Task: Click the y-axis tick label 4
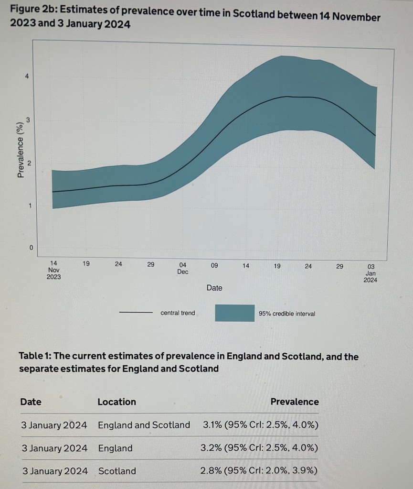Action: tap(27, 76)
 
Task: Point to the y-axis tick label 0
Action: tap(31, 248)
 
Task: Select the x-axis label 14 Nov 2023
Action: tap(53, 270)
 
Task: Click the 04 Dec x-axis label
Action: tap(182, 268)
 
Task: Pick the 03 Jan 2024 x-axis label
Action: tap(370, 273)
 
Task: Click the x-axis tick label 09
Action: tap(214, 264)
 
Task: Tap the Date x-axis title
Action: tap(214, 288)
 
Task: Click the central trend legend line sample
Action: tap(135, 313)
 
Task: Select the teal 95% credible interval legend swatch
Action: tap(234, 313)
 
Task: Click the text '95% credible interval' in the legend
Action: tap(286, 314)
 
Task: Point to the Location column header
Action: tap(116, 402)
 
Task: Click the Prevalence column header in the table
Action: tap(294, 402)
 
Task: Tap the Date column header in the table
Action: tap(31, 402)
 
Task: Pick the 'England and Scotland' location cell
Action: tap(144, 425)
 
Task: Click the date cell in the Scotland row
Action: tap(55, 471)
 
